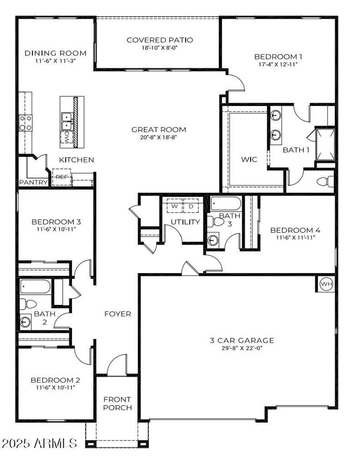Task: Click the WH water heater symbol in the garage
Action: (x=327, y=284)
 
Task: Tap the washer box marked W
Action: (x=174, y=206)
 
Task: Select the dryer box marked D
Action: (x=191, y=206)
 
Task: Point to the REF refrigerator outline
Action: (x=62, y=177)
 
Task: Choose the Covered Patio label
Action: (x=160, y=40)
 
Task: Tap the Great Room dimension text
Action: (x=158, y=137)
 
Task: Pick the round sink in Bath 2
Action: (x=25, y=321)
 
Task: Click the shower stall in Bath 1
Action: (x=325, y=144)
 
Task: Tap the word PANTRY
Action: (x=33, y=182)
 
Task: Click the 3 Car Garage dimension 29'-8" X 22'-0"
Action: (x=242, y=348)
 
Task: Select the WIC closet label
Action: (x=249, y=159)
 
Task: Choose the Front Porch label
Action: (x=117, y=404)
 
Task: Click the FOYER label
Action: (x=117, y=314)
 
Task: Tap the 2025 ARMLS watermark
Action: (x=39, y=443)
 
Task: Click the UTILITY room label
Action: (x=185, y=222)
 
